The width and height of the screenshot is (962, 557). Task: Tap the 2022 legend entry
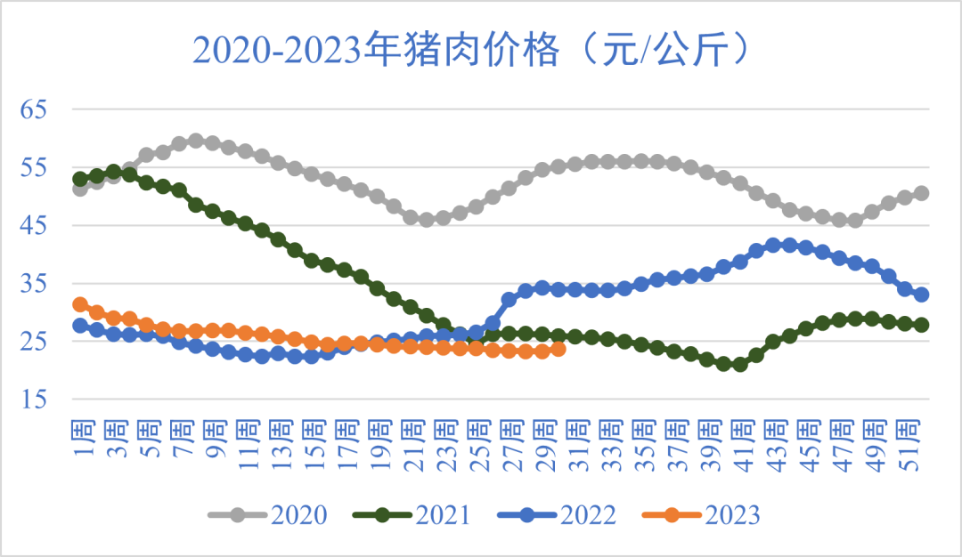(558, 514)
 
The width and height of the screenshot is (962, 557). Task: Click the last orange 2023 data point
(558, 349)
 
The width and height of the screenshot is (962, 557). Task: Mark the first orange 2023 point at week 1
(80, 304)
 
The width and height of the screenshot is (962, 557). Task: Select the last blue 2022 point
(922, 295)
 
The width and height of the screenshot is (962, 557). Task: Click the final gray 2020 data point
(922, 193)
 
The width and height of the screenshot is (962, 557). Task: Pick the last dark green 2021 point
(922, 325)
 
